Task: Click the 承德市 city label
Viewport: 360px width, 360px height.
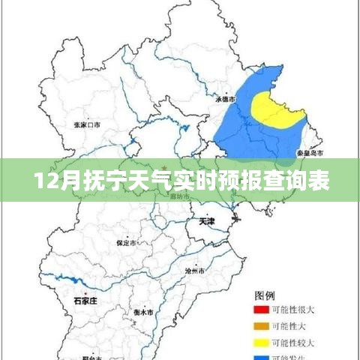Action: pyautogui.click(x=226, y=98)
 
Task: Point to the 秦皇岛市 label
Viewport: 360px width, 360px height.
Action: pyautogui.click(x=310, y=152)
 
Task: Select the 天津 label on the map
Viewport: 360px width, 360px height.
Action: pyautogui.click(x=207, y=222)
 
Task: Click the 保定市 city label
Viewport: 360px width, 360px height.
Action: pyautogui.click(x=126, y=243)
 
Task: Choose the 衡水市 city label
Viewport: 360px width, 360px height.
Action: pyautogui.click(x=143, y=311)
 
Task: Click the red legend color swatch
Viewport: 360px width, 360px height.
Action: pyautogui.click(x=261, y=308)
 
